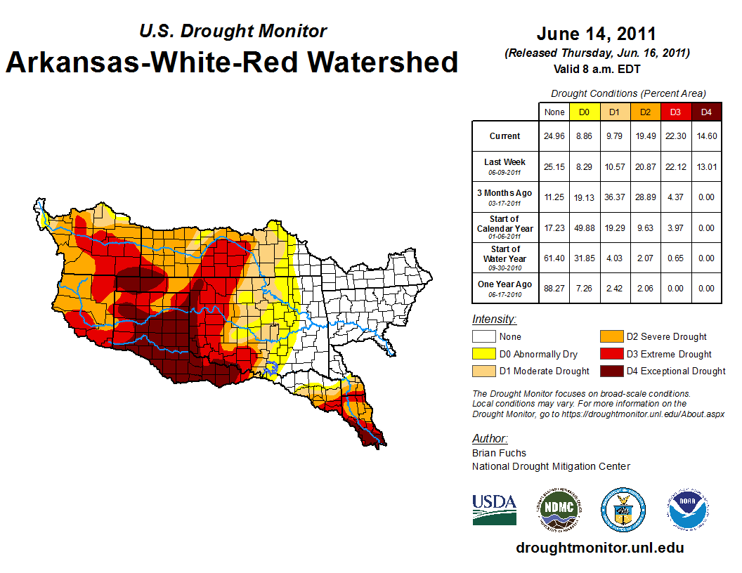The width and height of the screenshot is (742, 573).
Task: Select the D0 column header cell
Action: coord(583,112)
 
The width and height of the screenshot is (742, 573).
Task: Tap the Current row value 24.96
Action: coord(554,136)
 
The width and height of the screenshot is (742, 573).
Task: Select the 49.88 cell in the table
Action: coord(583,228)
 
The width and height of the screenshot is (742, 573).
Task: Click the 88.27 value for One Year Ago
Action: coord(554,288)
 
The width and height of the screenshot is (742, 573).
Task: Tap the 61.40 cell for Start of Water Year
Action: coord(554,258)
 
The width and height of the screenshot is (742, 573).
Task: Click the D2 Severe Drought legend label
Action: coord(667,337)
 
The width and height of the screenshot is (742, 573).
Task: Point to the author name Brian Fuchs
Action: coord(499,453)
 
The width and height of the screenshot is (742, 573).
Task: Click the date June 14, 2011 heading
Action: coord(597,34)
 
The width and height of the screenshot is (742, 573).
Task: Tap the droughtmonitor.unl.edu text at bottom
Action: coord(599,548)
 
